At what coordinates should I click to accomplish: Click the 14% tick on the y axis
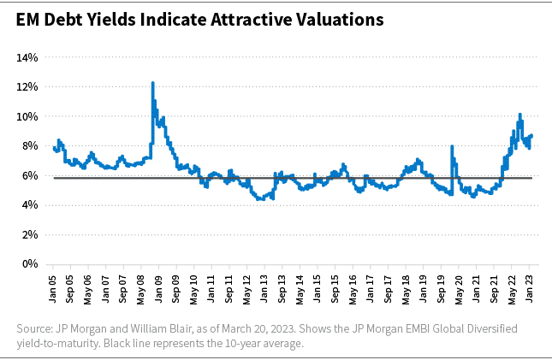(27, 57)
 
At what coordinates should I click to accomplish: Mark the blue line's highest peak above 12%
(152, 83)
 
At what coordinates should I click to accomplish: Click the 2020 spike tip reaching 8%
(452, 146)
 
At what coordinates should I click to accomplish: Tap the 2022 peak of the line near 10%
(519, 114)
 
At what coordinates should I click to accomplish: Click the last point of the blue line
(532, 135)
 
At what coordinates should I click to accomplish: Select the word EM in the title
(27, 18)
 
